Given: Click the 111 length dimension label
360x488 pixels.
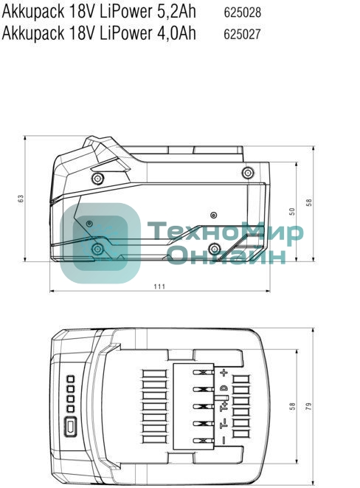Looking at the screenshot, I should pyautogui.click(x=159, y=286).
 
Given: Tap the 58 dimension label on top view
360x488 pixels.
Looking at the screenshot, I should pyautogui.click(x=292, y=405).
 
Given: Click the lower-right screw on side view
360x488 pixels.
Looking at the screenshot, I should pyautogui.click(x=213, y=247).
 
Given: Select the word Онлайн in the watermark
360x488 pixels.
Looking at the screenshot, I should pyautogui.click(x=224, y=255).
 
